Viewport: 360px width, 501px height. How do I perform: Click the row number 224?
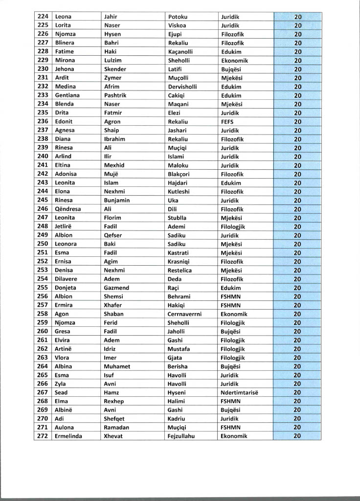point(43,17)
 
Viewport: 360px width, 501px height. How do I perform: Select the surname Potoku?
point(178,17)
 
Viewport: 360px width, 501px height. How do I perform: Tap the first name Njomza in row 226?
point(65,34)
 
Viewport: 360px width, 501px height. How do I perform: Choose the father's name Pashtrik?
point(115,95)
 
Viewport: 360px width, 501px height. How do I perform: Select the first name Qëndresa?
point(68,209)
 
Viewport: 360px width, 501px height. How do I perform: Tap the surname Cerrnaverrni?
point(184,314)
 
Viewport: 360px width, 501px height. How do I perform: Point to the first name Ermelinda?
point(69,436)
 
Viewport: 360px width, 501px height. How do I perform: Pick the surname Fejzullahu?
point(181,436)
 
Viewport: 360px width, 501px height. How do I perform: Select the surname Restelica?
point(180,270)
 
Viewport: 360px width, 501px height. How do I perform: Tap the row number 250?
point(43,244)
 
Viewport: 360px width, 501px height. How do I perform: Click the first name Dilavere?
point(66,279)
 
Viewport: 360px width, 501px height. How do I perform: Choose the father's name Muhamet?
point(117,366)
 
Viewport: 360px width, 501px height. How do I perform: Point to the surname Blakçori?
point(180,174)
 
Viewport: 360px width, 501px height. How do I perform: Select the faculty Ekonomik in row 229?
point(234,60)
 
